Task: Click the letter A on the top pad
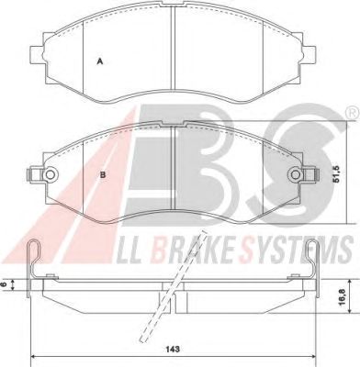click(99, 61)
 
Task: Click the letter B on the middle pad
click(103, 175)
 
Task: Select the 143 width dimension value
click(174, 349)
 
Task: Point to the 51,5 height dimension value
click(337, 174)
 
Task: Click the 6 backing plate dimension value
click(4, 284)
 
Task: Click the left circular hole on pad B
click(50, 175)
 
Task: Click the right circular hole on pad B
click(295, 175)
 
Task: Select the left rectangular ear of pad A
click(37, 55)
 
